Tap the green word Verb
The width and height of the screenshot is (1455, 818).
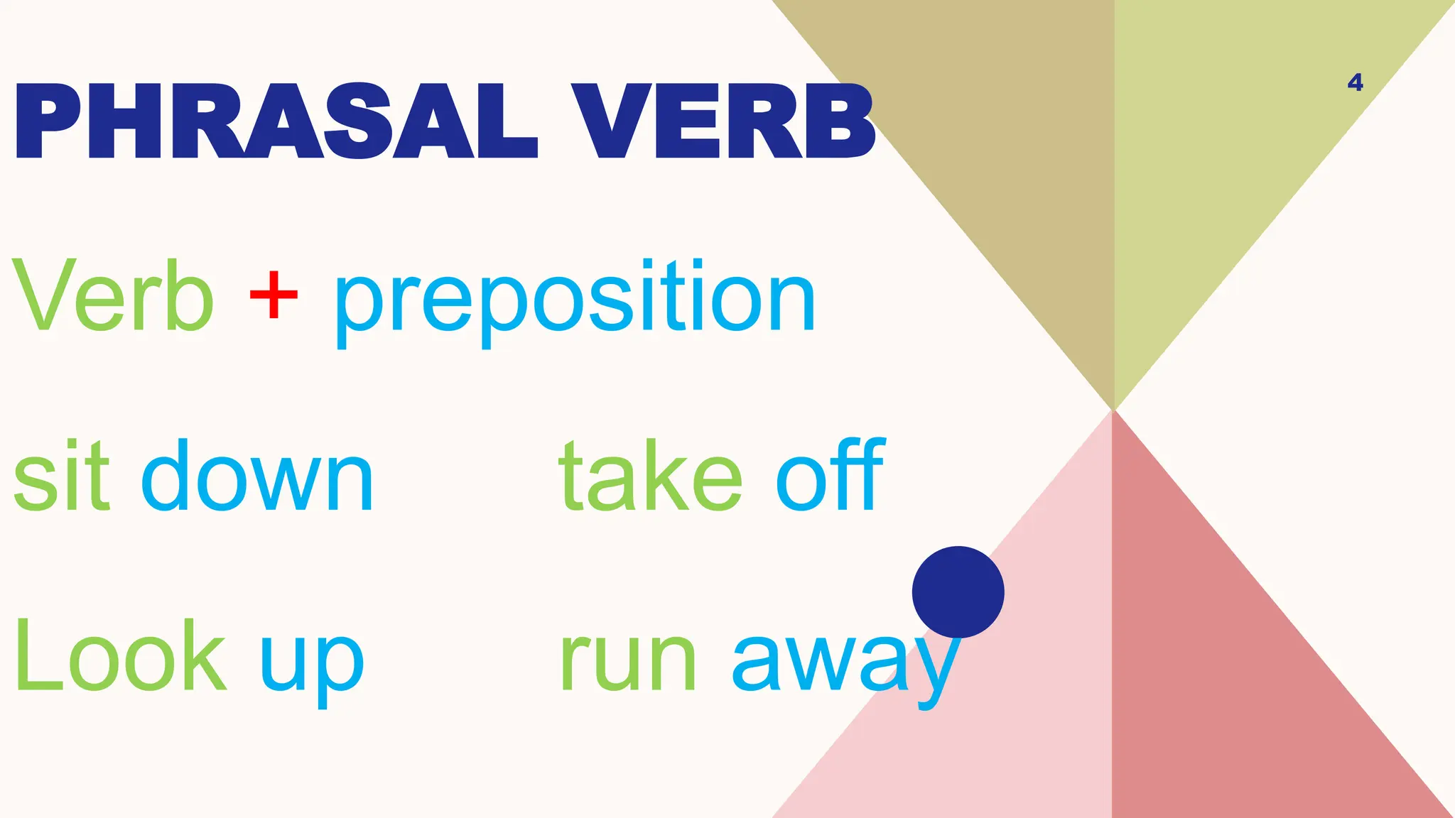114,297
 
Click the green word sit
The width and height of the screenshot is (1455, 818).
63,476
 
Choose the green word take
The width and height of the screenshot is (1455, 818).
651,476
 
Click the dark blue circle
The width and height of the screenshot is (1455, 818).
958,592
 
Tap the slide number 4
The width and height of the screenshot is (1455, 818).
1355,83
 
